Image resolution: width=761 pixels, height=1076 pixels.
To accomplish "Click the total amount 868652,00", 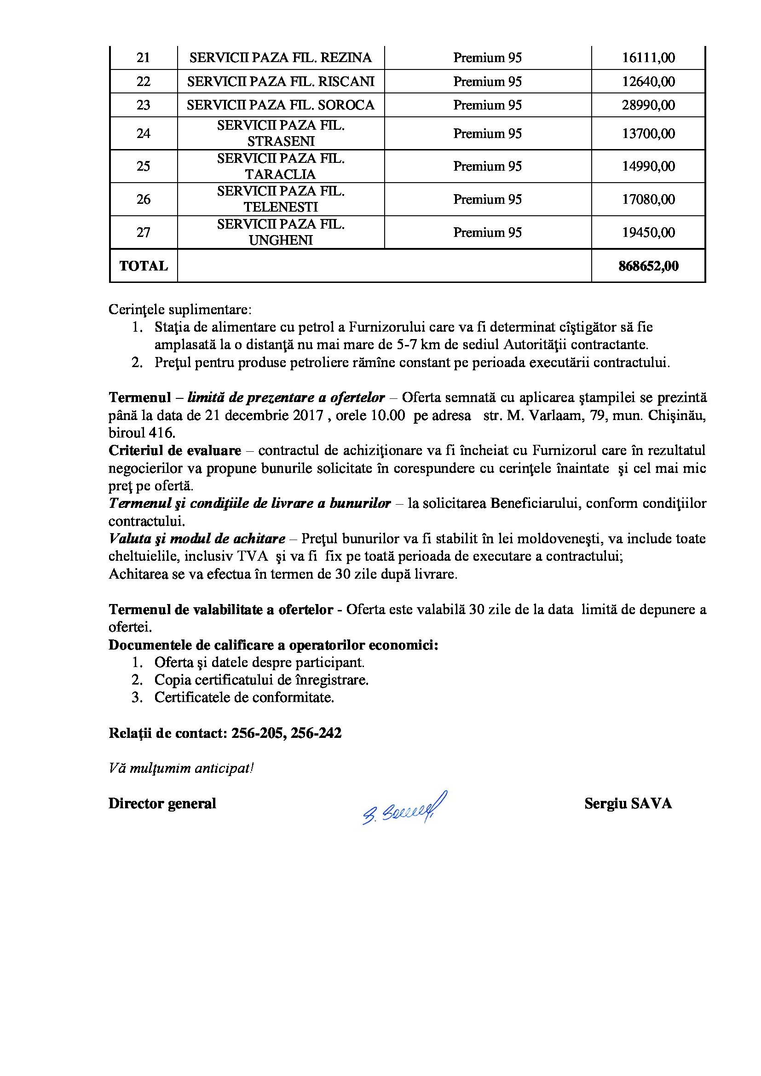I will (648, 266).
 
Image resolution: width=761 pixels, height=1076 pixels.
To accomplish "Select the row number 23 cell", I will (143, 105).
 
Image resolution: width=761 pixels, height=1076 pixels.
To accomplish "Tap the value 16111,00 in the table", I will (648, 58).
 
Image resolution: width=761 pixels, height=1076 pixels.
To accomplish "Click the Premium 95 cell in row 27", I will (487, 232).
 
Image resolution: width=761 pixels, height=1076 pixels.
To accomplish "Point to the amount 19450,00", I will (648, 232).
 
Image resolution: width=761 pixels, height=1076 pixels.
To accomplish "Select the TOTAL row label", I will (144, 266).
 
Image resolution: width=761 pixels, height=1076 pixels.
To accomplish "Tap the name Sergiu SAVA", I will (628, 804).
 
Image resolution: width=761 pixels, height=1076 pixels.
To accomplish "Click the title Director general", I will (162, 804).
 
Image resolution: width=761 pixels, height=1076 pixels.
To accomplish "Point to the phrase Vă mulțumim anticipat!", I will (181, 769).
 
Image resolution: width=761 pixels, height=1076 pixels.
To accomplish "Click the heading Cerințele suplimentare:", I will (180, 310).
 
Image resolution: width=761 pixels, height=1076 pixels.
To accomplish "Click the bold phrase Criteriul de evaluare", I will (175, 451).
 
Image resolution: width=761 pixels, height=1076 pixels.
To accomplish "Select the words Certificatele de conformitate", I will (244, 697).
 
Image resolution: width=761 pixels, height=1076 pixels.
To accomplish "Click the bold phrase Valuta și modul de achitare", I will (197, 539).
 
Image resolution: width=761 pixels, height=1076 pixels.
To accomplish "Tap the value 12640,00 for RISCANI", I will (648, 81).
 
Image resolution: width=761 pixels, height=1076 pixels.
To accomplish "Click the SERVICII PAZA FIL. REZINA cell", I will (280, 58).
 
